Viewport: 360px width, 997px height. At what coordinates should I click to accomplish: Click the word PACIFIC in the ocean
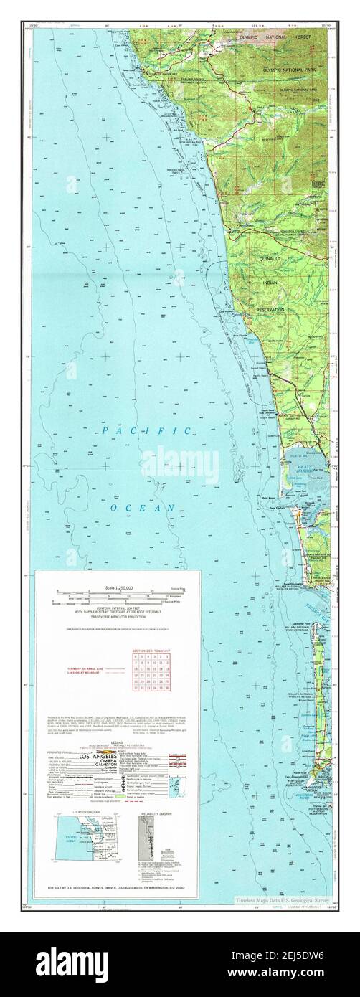[x=146, y=431]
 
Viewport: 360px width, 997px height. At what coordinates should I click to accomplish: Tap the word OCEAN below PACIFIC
[x=143, y=507]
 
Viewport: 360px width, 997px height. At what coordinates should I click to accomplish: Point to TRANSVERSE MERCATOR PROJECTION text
[x=118, y=614]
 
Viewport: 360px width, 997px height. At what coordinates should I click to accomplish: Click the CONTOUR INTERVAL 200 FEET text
[x=118, y=605]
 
